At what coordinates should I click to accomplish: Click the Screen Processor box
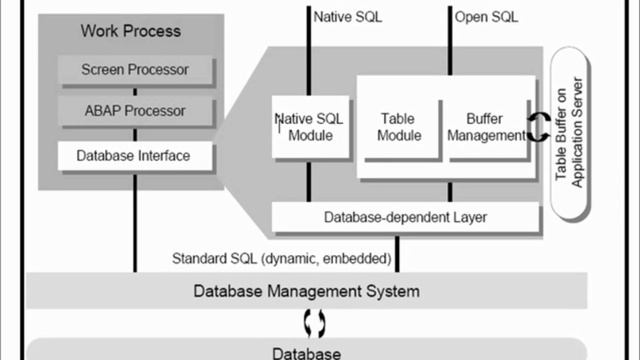coord(136,70)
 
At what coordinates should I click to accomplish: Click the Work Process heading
coord(130,31)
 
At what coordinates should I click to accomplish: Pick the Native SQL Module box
coord(310,127)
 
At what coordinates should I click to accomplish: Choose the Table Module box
coord(399,127)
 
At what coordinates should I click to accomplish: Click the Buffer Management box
coord(486,127)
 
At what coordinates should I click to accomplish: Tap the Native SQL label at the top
coord(347,17)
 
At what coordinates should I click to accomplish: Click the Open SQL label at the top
coord(488,17)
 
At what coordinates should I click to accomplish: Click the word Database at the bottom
coord(308,353)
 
